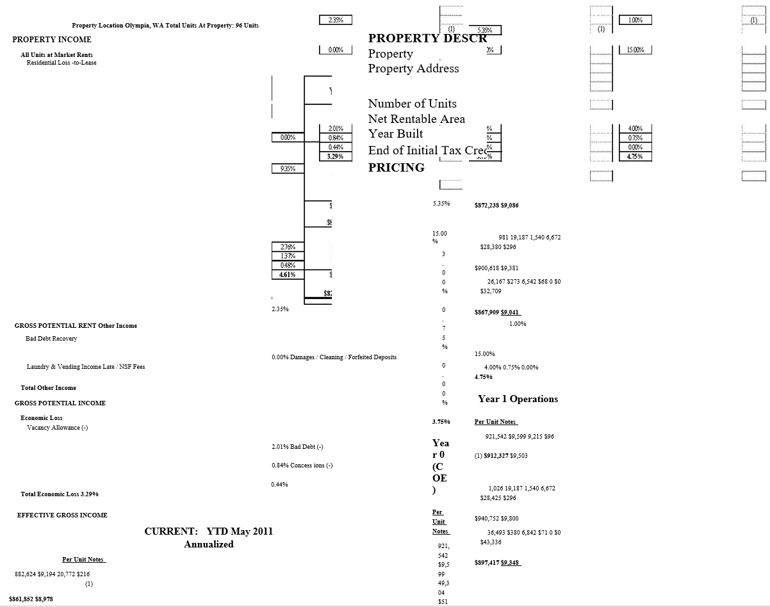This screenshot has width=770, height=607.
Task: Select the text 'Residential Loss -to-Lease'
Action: coord(61,62)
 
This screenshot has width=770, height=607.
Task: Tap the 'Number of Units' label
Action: coord(412,104)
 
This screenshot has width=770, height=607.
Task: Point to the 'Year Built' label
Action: coord(395,134)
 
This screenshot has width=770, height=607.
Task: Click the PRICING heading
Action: coord(396,168)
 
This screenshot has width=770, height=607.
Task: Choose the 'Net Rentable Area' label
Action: coord(416,119)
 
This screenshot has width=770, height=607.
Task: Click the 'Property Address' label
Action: coord(413,69)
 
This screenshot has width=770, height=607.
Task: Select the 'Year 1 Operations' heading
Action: coord(518,399)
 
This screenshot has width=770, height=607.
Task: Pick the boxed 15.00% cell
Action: coord(635,50)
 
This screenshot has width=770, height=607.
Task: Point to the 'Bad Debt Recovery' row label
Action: coord(51,339)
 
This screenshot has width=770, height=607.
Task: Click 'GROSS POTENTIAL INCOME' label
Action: coord(60,403)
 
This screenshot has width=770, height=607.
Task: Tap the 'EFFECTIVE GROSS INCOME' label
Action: coord(62,515)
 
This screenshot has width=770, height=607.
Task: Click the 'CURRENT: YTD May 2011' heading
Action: coord(209,531)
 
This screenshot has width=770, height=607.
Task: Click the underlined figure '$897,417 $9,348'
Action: coord(498,563)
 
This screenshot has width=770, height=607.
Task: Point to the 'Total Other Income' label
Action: coord(48,388)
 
